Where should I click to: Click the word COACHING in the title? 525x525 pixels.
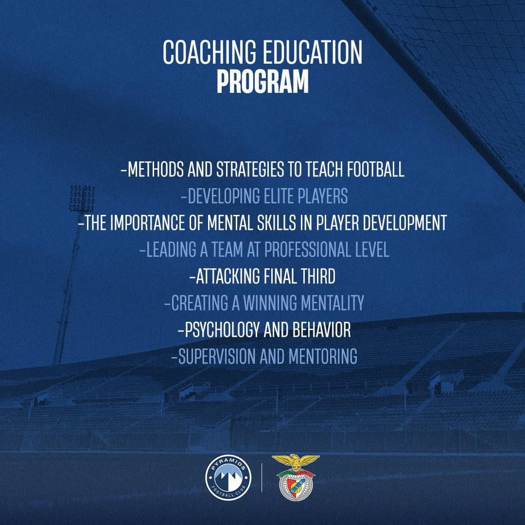(x=210, y=52)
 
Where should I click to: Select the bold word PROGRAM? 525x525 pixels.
(x=262, y=81)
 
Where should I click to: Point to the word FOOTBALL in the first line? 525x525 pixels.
(x=375, y=169)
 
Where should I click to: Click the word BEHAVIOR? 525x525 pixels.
(x=321, y=330)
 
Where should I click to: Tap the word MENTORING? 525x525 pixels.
(x=323, y=356)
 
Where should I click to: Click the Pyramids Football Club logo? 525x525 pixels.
(x=228, y=478)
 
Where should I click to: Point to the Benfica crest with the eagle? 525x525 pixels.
(x=296, y=477)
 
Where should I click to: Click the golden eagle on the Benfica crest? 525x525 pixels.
(x=296, y=462)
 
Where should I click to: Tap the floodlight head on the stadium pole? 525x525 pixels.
(x=82, y=198)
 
